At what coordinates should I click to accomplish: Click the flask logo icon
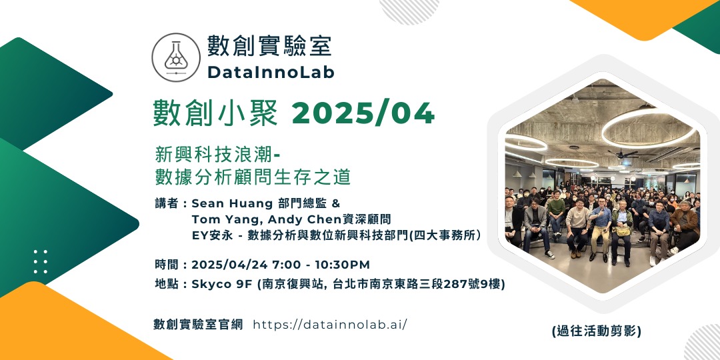[176, 57]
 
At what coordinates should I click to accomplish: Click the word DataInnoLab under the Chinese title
[271, 72]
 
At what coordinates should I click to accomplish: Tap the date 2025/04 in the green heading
[363, 113]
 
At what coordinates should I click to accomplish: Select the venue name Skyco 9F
[222, 285]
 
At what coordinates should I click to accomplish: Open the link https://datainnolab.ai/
[330, 325]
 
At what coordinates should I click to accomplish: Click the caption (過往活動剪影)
[596, 331]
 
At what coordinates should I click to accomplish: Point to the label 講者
[167, 203]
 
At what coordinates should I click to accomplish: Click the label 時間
[167, 265]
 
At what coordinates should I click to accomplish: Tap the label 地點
[167, 285]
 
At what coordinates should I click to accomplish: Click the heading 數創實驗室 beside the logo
[269, 46]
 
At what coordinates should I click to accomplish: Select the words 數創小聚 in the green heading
[216, 113]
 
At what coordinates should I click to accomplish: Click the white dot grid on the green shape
[41, 262]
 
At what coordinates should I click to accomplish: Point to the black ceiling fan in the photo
[623, 153]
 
